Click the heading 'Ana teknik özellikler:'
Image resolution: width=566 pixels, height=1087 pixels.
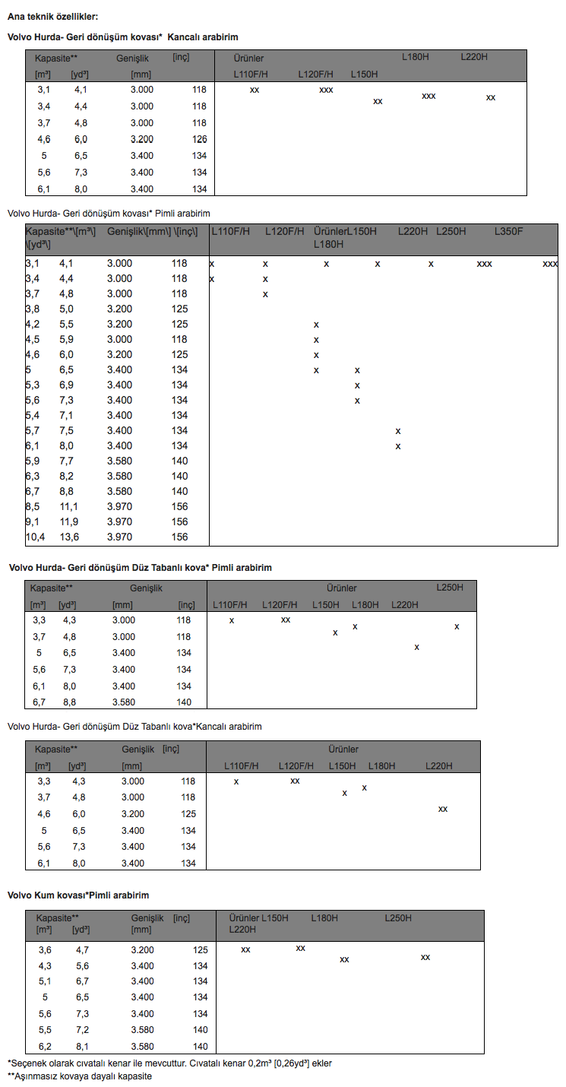[52, 16]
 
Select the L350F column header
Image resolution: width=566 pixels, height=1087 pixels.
[509, 231]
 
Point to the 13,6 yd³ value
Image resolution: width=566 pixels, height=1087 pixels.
[69, 537]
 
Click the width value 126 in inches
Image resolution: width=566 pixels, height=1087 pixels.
[199, 139]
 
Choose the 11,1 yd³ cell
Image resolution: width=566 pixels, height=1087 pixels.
[69, 506]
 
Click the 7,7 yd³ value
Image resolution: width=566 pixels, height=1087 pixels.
[68, 461]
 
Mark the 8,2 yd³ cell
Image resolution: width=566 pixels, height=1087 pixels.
[68, 476]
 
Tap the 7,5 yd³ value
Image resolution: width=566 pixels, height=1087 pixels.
[68, 430]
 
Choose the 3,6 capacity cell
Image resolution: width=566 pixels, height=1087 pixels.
[45, 949]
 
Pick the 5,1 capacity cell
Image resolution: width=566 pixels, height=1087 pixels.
[45, 981]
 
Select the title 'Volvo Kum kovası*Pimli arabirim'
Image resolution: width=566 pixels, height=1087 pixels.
[78, 895]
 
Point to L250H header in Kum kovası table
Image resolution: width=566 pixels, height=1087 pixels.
[398, 918]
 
